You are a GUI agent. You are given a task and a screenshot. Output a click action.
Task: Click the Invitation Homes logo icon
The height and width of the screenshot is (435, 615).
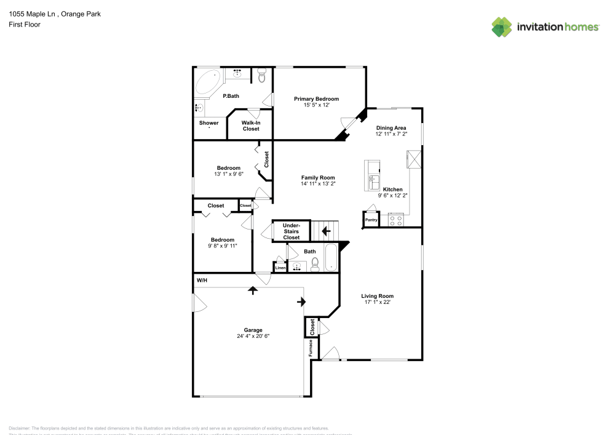502,27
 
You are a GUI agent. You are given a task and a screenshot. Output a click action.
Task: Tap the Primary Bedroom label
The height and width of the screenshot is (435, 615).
316,99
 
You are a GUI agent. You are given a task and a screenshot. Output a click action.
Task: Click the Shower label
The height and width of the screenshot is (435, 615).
208,123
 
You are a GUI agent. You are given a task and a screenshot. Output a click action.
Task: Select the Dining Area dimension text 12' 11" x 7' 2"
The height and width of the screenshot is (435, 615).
391,134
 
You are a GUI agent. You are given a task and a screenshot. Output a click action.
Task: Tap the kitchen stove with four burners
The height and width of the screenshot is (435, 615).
395,220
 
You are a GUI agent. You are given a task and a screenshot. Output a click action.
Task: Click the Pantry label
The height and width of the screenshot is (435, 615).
371,220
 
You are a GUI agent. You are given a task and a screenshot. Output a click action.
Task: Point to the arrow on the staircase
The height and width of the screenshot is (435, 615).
326,231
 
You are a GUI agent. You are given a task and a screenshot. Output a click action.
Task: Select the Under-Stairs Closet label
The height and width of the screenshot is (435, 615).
291,231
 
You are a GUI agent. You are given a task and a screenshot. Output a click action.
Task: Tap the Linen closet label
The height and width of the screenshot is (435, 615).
280,268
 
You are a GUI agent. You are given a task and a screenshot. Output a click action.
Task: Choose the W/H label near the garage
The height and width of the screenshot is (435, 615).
201,281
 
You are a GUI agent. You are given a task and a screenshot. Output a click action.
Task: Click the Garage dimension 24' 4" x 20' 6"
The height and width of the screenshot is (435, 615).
253,336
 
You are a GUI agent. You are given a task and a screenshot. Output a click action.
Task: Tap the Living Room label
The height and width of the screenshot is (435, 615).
377,296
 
